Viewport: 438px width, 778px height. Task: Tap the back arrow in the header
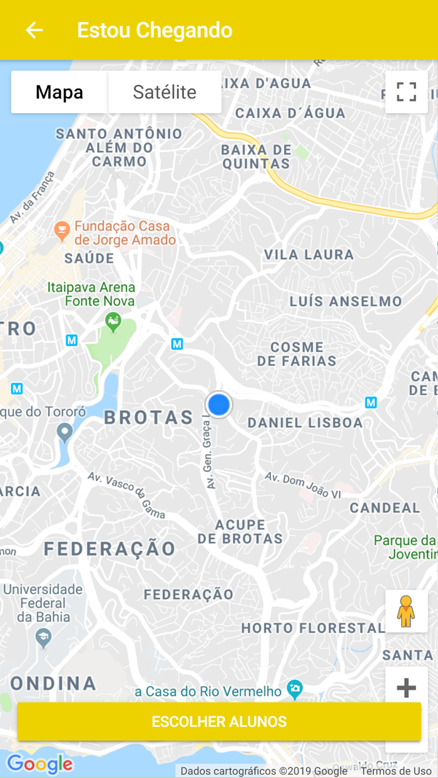[x=34, y=30]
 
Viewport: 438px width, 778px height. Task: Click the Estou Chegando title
[x=155, y=30]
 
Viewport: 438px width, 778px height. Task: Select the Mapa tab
[x=59, y=92]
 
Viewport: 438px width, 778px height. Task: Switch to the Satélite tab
[x=165, y=92]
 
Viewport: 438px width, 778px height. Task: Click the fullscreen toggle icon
[x=406, y=92]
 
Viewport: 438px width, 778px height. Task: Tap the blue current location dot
[x=219, y=405]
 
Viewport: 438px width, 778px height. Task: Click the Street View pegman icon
[x=406, y=611]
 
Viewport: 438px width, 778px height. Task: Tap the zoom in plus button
[x=406, y=688]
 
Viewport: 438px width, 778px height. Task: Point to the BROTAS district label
[x=149, y=418]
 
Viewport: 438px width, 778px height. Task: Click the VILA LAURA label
[x=309, y=255]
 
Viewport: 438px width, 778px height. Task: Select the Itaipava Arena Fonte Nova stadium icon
[x=113, y=323]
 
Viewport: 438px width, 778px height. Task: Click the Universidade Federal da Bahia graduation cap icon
[x=43, y=637]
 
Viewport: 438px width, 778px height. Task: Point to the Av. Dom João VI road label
[x=303, y=485]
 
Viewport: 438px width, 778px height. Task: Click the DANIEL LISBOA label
[x=305, y=423]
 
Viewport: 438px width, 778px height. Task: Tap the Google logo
[x=40, y=764]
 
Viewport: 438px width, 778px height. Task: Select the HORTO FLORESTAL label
[x=313, y=628]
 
